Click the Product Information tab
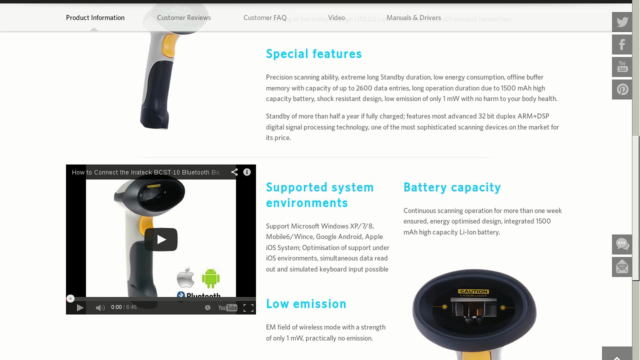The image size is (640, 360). [95, 18]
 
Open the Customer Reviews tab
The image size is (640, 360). [184, 18]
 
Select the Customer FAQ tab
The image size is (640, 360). [265, 18]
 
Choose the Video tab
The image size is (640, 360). [336, 18]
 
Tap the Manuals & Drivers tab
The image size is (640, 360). [413, 18]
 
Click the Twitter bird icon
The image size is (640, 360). [622, 22]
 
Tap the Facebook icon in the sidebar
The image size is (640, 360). [622, 44]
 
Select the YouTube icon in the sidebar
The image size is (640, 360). [622, 67]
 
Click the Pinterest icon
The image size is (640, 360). [622, 89]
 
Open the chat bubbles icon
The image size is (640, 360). [622, 244]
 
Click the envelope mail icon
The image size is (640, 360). [622, 267]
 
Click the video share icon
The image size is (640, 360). [234, 172]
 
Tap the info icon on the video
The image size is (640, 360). [247, 172]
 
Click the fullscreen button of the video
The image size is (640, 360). [248, 308]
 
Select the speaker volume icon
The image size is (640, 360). [100, 308]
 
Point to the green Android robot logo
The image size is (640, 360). [211, 278]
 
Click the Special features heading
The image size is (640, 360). [314, 54]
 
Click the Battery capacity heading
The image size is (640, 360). [452, 187]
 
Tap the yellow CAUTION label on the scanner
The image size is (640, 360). [473, 291]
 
